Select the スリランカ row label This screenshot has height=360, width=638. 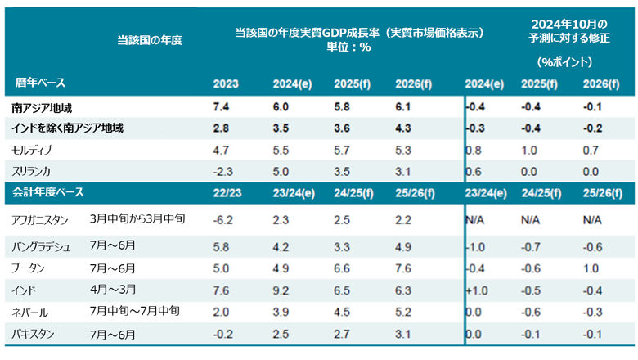coord(34,172)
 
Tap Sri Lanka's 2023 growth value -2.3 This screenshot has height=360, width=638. coord(224,172)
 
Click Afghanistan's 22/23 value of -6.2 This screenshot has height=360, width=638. coord(224,220)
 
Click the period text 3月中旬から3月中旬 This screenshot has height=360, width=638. coord(138,220)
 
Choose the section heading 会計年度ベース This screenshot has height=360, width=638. coord(50,193)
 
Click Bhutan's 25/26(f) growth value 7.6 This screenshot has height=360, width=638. coord(402,268)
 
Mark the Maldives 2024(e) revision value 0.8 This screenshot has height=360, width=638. coord(473,151)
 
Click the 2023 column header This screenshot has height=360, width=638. coord(226,84)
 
